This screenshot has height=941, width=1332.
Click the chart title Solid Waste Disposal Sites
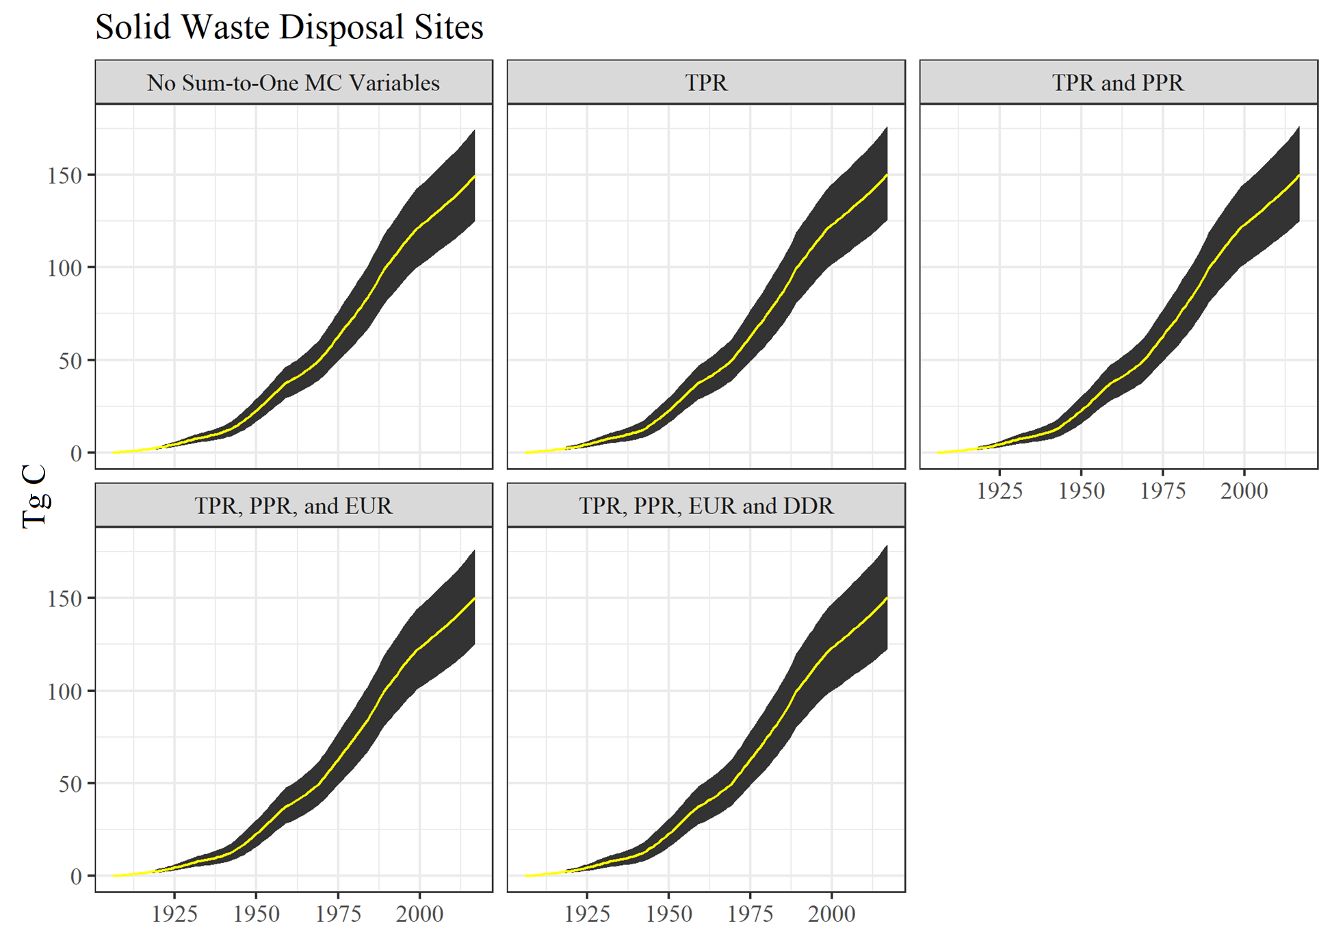[x=289, y=27]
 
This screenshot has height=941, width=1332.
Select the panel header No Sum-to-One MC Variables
[x=293, y=83]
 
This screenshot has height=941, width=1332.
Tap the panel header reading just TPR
[x=706, y=83]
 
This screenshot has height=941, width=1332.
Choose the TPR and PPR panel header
[x=1117, y=83]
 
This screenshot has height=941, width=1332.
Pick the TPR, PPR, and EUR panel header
[x=293, y=506]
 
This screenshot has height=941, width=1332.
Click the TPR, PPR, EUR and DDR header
[x=706, y=506]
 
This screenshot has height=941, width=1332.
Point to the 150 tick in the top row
[x=64, y=176]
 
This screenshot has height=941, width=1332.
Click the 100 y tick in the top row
[x=64, y=268]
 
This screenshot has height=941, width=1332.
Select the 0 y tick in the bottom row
[x=76, y=877]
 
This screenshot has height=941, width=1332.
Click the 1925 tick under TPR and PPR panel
[x=1000, y=491]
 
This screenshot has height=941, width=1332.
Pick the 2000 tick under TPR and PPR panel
[x=1244, y=491]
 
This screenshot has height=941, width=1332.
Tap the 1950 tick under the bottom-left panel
[x=257, y=914]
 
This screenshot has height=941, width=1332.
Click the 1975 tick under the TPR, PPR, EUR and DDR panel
[x=750, y=914]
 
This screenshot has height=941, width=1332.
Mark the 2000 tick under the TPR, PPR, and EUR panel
[x=419, y=914]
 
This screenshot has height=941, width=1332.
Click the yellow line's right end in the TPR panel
[x=887, y=175]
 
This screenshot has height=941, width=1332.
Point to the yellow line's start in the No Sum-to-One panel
[x=114, y=452]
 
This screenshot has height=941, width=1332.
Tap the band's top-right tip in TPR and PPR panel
[x=1298, y=127]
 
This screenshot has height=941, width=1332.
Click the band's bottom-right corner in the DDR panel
[x=887, y=649]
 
